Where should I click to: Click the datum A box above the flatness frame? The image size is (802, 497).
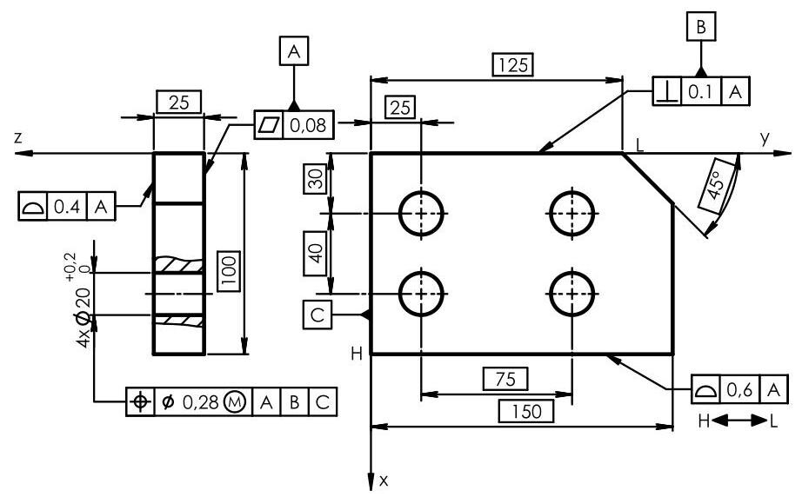click(x=295, y=51)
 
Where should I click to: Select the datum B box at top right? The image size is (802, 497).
click(x=700, y=27)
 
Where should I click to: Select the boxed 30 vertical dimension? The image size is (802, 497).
click(x=316, y=180)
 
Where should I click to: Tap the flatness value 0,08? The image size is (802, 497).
click(x=309, y=125)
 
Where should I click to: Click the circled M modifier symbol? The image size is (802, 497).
click(x=233, y=401)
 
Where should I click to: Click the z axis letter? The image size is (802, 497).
click(x=17, y=137)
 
